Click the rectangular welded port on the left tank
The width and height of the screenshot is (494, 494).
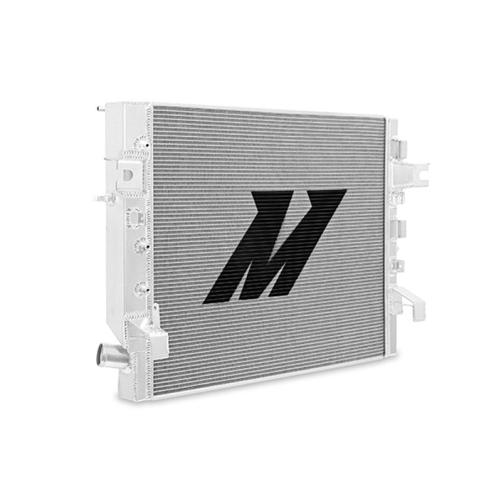tap(133, 216)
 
